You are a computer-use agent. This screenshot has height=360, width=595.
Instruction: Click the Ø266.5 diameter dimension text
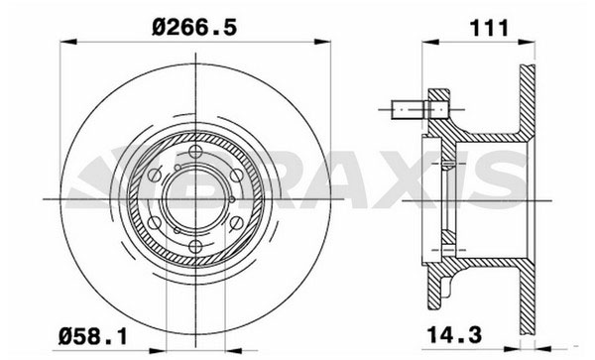194,28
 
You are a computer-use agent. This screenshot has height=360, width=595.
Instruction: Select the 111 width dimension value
489,28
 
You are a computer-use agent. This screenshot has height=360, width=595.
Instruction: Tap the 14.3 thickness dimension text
454,334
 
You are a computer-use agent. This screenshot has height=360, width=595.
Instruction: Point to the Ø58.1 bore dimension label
92,336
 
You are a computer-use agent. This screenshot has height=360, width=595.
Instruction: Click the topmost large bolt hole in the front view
195,152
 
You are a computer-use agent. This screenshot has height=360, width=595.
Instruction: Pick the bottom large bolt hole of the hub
195,247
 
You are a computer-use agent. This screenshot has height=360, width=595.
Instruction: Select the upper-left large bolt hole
154,176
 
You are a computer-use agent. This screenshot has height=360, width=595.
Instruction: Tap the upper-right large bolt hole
237,176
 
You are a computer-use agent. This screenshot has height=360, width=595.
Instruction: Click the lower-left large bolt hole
154,223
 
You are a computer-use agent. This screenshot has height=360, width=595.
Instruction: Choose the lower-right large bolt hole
237,223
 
